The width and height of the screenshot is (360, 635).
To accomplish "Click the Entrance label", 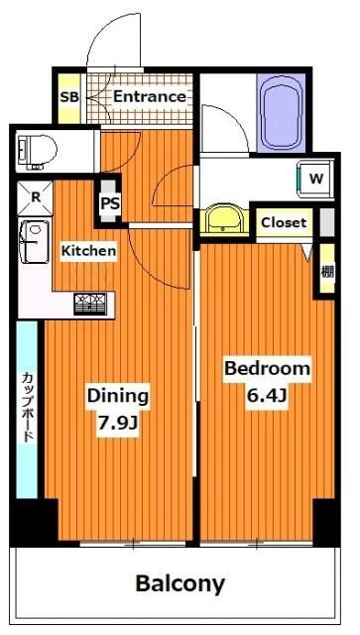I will pyautogui.click(x=149, y=97).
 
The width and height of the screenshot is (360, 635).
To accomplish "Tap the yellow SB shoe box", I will pyautogui.click(x=68, y=97).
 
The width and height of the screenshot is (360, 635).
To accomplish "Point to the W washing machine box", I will pyautogui.click(x=314, y=179).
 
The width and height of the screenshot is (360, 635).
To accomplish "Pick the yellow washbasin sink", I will pyautogui.click(x=225, y=220).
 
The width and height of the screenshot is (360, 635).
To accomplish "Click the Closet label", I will pyautogui.click(x=284, y=223).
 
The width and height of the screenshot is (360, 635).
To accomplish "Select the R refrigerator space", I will pyautogui.click(x=35, y=197).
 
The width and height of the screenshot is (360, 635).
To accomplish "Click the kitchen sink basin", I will pyautogui.click(x=35, y=242).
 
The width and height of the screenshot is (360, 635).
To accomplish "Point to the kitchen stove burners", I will pyautogui.click(x=91, y=304).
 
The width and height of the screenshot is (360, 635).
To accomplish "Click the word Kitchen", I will pyautogui.click(x=88, y=252).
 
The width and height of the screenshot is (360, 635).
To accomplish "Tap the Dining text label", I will pyautogui.click(x=117, y=395).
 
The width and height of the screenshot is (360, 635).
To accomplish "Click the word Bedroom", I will pyautogui.click(x=267, y=368).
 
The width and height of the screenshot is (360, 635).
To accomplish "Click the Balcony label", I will pyautogui.click(x=180, y=582).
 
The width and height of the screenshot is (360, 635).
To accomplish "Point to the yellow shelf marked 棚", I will pyautogui.click(x=326, y=269).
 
